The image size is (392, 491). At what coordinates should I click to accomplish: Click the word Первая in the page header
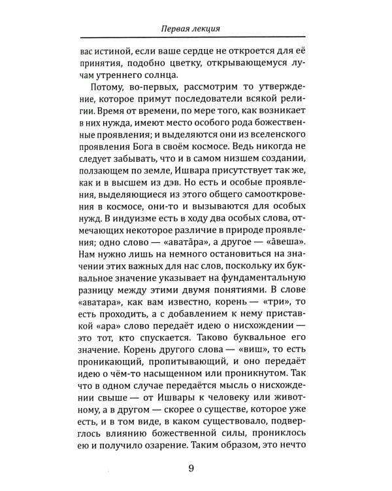point(178,29)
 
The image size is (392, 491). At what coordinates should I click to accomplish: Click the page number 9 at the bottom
point(190,467)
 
